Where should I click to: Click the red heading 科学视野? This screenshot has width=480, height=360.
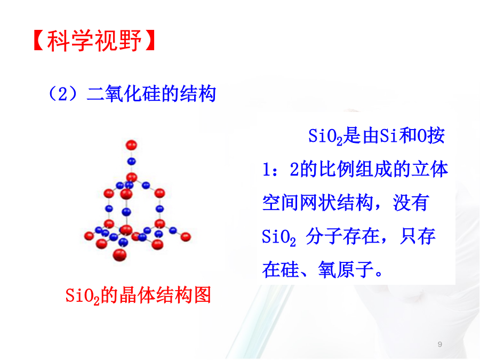coord(94,41)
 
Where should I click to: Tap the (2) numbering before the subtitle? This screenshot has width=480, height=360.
coord(63,94)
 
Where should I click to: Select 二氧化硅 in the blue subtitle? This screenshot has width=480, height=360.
coord(124,94)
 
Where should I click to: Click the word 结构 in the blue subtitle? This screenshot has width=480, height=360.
coord(198,94)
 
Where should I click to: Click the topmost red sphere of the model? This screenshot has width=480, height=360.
coord(131,145)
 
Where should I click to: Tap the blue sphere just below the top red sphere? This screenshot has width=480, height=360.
coord(131,161)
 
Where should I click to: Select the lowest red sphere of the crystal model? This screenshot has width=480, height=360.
coord(119,255)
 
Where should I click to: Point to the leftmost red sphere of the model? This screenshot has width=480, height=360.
coord(89,236)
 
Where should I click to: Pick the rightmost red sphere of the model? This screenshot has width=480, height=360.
coord(186,237)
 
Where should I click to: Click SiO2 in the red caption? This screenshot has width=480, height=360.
coord(83,295)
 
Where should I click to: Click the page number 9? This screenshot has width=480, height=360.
coord(440,344)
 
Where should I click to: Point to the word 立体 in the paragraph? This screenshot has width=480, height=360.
coord(429,169)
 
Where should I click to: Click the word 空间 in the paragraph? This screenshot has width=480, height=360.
coord(281,203)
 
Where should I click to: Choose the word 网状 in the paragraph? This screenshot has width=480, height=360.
coord(318,203)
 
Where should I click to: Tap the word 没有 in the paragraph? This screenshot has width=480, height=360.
coord(411,203)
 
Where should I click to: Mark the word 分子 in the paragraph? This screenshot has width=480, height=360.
coord(324,236)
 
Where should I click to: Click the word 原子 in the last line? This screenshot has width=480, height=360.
coord(355,269)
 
